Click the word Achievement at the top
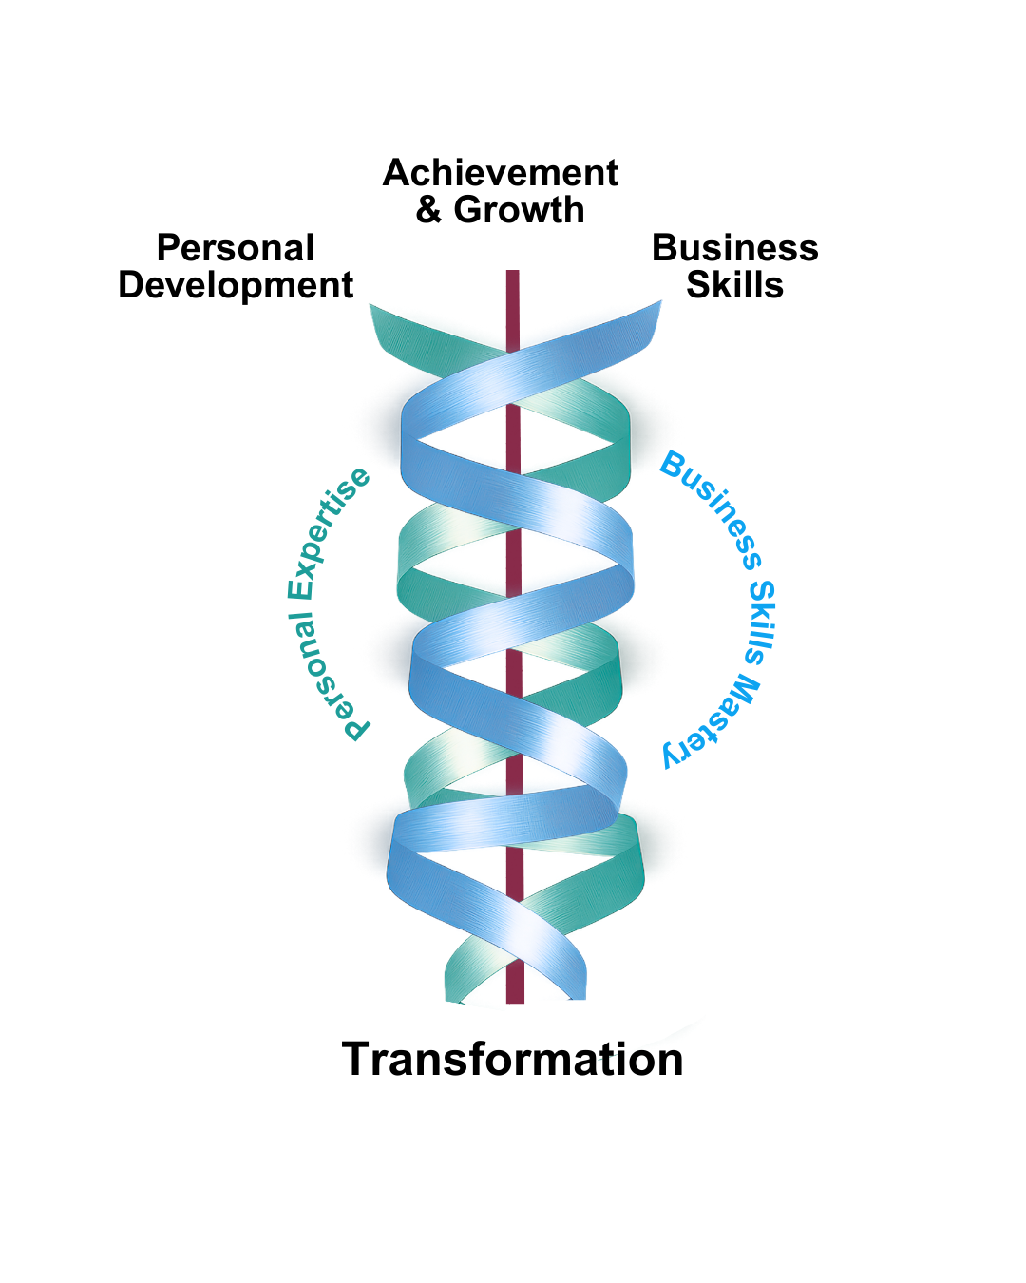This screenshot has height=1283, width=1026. pyautogui.click(x=501, y=173)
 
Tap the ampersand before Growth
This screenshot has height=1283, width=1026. pyautogui.click(x=428, y=210)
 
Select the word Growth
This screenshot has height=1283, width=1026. pyautogui.click(x=519, y=210)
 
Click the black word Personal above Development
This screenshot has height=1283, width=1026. pyautogui.click(x=236, y=248)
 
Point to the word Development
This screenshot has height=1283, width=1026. pyautogui.click(x=236, y=285)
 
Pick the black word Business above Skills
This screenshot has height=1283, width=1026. pyautogui.click(x=734, y=248)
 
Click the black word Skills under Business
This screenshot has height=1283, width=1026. pyautogui.click(x=734, y=285)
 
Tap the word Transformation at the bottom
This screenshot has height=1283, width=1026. pyautogui.click(x=513, y=1059)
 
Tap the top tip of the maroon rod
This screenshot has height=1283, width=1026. pyautogui.click(x=513, y=274)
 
